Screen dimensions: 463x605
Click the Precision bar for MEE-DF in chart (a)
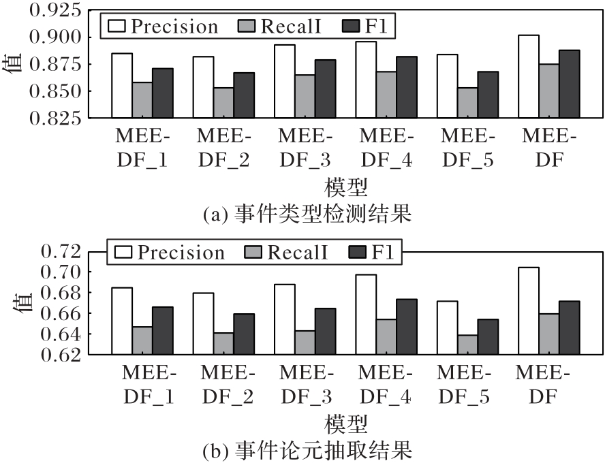point(528,76)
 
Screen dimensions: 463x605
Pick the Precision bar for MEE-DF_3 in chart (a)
point(284,81)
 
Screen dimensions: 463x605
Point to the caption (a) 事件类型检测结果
point(307,216)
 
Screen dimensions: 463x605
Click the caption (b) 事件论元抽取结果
point(307,450)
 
